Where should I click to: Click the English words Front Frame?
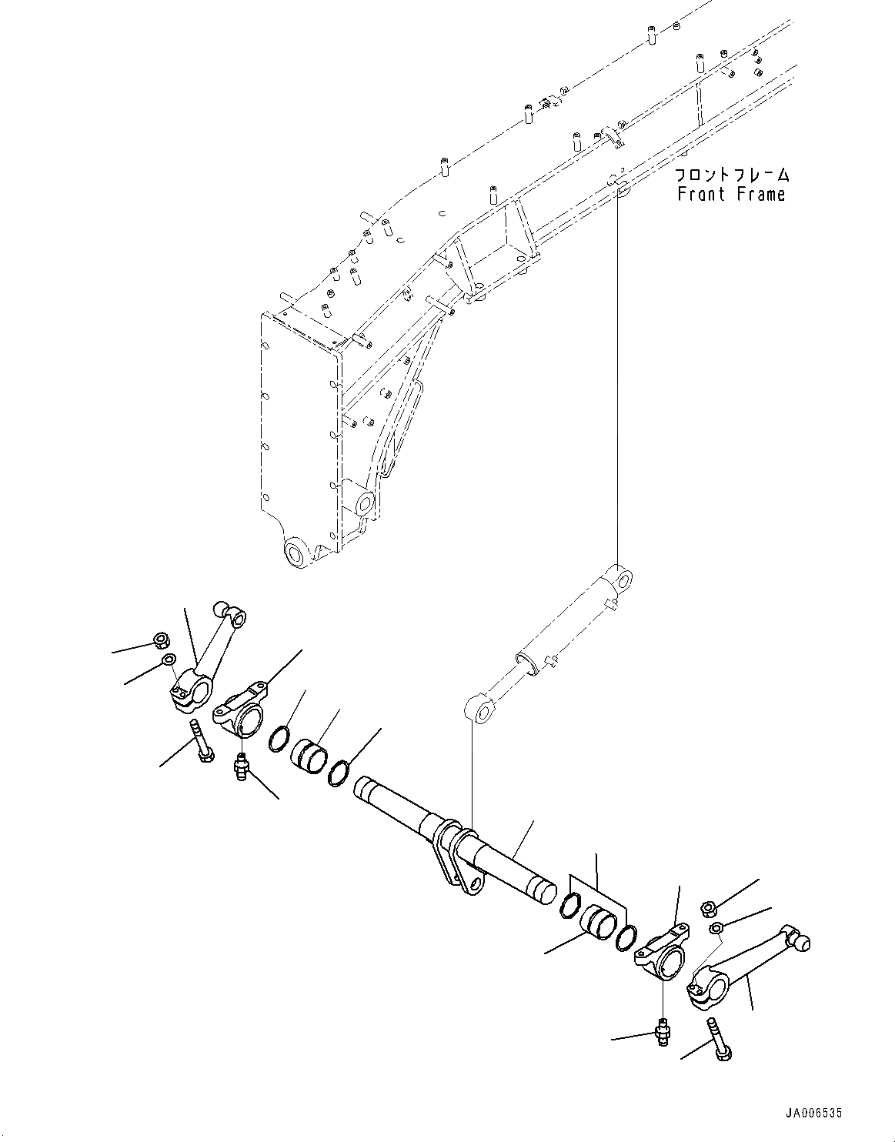pyautogui.click(x=731, y=195)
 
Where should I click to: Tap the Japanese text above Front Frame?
pyautogui.click(x=731, y=175)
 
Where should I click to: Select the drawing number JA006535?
pyautogui.click(x=813, y=1113)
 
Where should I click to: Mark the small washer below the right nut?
pyautogui.click(x=716, y=928)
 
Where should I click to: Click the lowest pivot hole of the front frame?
pyautogui.click(x=296, y=553)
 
